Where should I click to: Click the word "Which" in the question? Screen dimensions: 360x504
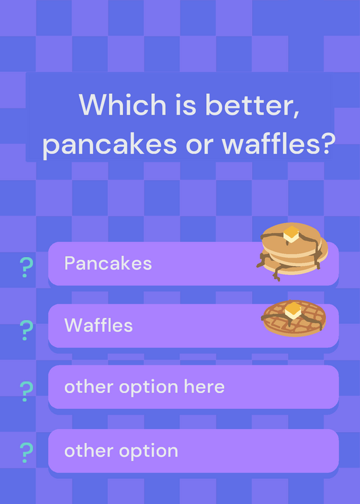point(122,105)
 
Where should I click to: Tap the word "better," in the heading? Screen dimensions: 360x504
point(253,105)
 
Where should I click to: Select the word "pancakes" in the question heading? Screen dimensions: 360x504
point(110,145)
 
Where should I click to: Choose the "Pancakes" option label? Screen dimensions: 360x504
point(108,263)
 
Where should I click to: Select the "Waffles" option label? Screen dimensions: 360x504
point(98,325)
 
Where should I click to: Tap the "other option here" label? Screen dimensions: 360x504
point(144,387)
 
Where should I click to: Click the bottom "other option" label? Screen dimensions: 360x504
point(121,450)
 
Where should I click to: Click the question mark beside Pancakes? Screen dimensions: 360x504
point(26,267)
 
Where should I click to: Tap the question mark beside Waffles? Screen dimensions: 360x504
point(26,330)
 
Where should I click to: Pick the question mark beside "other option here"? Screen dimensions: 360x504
point(26,391)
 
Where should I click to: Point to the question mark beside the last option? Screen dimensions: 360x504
point(26,452)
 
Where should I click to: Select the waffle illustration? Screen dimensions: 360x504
point(294,319)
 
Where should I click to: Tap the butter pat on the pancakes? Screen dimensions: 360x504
point(291,234)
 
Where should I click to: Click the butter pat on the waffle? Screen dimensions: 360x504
point(293,310)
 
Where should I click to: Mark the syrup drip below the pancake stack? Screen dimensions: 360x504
point(277,274)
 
